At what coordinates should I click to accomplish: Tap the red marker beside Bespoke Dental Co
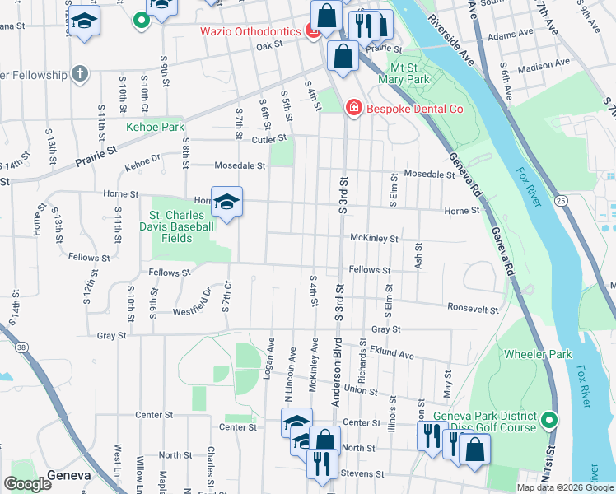click(x=353, y=107)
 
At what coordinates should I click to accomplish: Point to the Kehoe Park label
click(x=155, y=128)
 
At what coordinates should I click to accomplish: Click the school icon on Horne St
click(x=226, y=201)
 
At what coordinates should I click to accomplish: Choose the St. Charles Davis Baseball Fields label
click(x=182, y=227)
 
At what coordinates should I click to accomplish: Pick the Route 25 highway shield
click(x=560, y=200)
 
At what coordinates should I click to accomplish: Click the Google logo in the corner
click(x=27, y=483)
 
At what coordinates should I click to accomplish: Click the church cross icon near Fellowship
click(x=79, y=75)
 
